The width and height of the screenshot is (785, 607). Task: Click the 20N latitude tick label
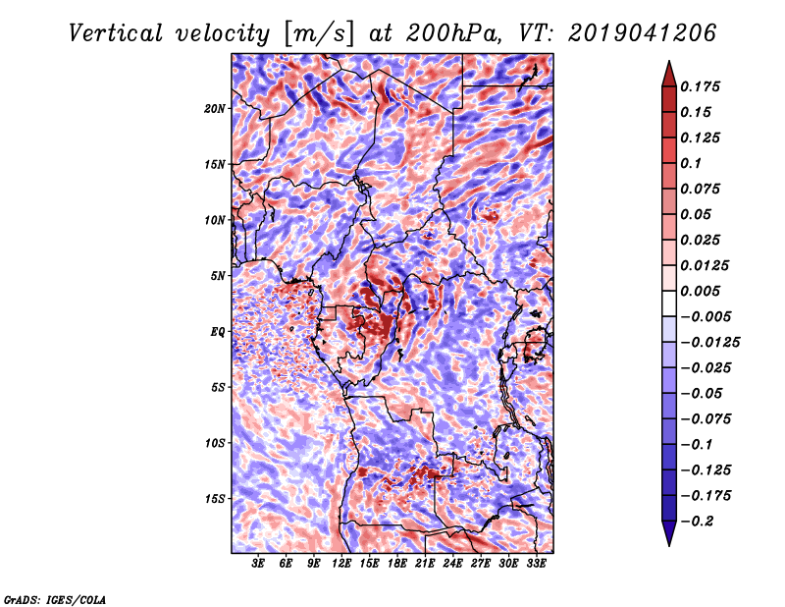click(215, 108)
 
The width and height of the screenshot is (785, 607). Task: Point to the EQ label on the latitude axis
click(218, 332)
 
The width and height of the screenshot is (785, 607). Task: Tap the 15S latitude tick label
click(215, 499)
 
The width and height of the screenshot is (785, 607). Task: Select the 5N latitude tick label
click(218, 276)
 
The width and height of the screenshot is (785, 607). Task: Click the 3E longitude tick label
click(258, 564)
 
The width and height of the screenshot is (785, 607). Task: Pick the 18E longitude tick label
click(397, 564)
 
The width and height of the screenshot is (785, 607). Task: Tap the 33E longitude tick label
click(536, 564)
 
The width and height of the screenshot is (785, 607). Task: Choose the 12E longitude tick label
click(341, 564)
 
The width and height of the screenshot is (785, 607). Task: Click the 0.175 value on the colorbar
click(700, 86)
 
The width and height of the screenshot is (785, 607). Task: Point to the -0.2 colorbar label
click(697, 522)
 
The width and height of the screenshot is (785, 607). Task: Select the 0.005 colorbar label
click(700, 291)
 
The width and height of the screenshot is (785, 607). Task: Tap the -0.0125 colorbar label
click(709, 343)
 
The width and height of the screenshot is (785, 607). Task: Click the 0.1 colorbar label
click(691, 163)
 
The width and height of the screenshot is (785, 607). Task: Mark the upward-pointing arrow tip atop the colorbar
click(669, 61)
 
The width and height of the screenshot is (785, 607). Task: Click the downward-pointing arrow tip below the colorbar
click(669, 546)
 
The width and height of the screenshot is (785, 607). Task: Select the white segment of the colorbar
click(669, 303)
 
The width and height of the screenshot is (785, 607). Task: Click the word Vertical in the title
click(116, 33)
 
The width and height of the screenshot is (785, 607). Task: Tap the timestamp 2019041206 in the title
click(643, 33)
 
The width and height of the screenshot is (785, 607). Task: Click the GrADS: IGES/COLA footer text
click(55, 600)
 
